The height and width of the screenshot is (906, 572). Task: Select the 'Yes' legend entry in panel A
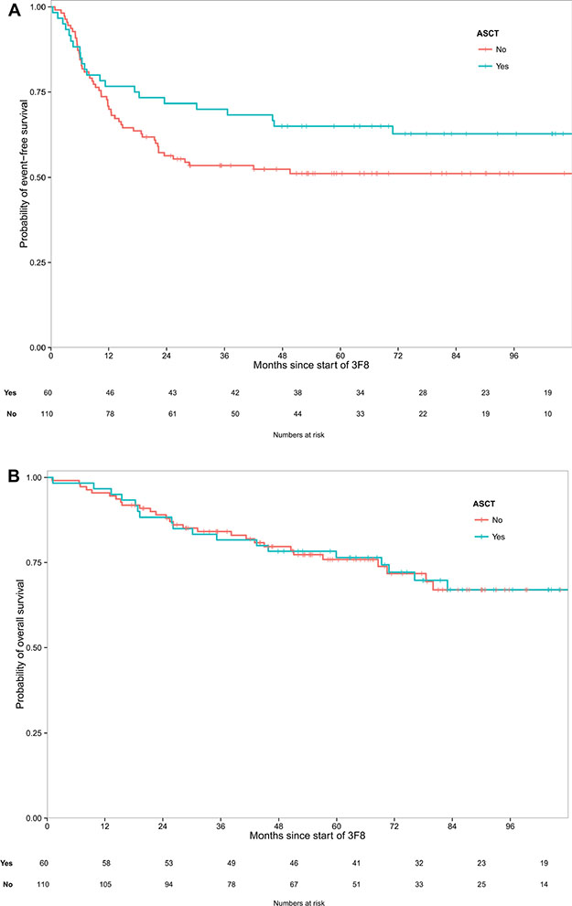point(502,67)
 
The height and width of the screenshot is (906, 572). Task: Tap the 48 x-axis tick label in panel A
point(282,355)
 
